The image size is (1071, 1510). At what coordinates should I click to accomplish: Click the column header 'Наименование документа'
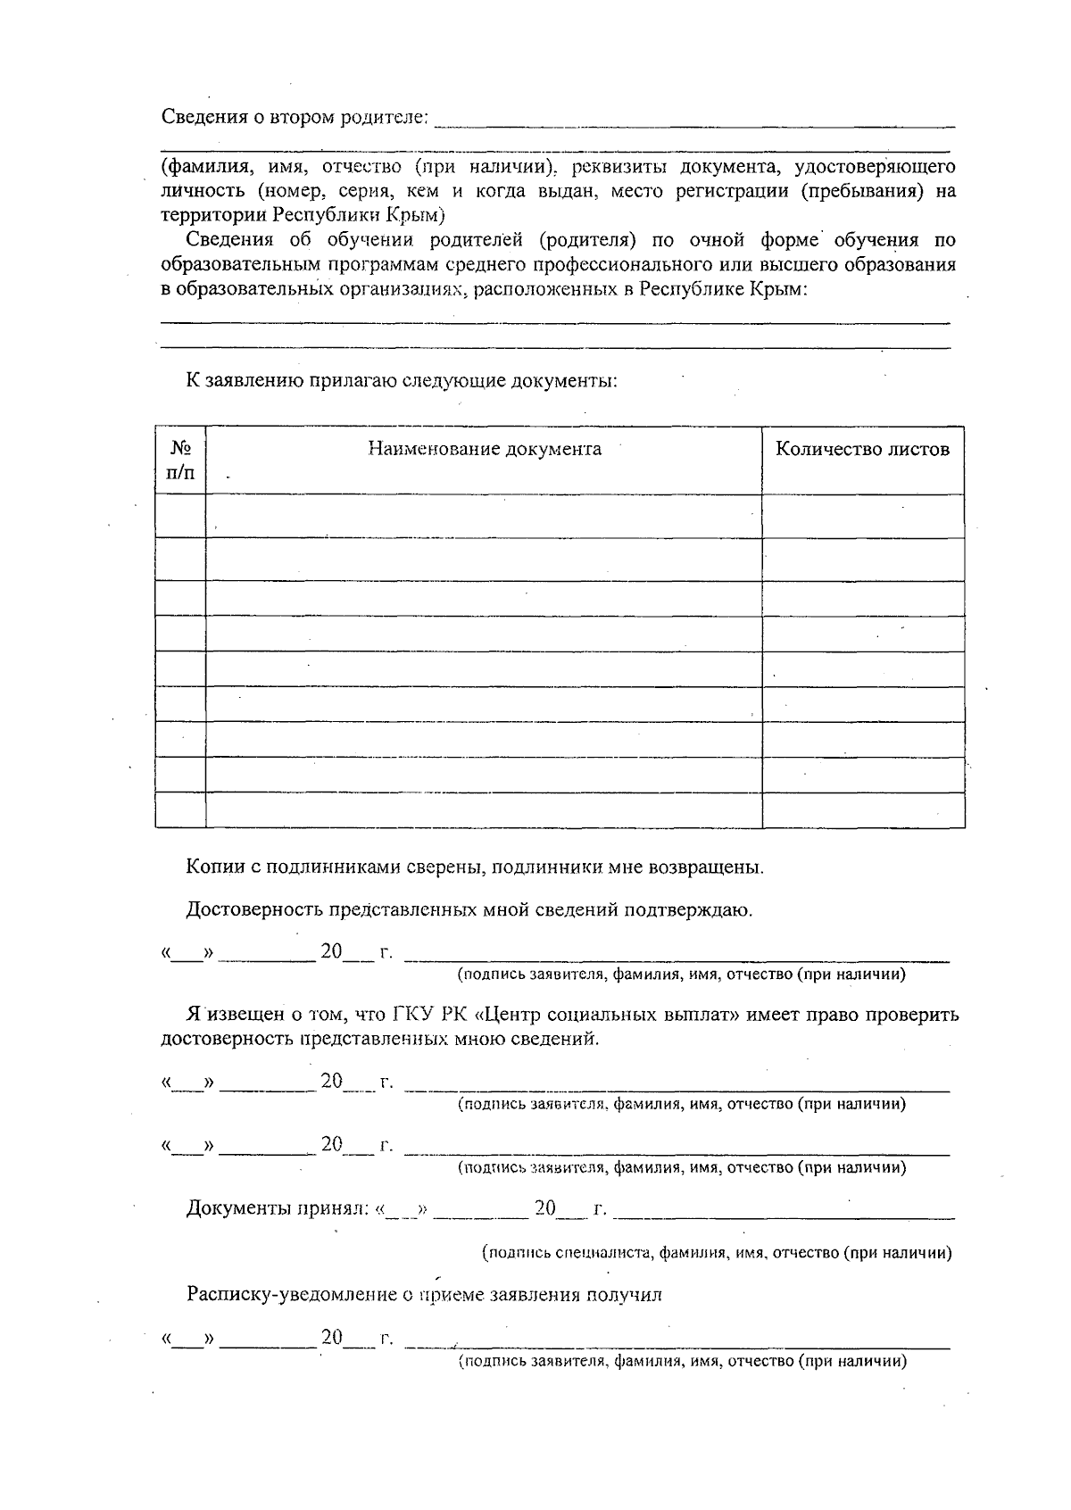pyautogui.click(x=484, y=449)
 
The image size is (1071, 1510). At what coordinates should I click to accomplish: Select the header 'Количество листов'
pyautogui.click(x=861, y=449)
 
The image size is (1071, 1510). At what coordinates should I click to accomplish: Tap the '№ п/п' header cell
pyautogui.click(x=180, y=460)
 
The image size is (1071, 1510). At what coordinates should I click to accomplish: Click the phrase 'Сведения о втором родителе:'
pyautogui.click(x=295, y=118)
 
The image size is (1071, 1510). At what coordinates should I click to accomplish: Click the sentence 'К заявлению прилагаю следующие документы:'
pyautogui.click(x=401, y=381)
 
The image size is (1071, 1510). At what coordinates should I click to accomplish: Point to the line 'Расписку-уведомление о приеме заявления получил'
pyautogui.click(x=424, y=1295)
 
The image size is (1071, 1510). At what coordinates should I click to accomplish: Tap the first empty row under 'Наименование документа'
pyautogui.click(x=484, y=516)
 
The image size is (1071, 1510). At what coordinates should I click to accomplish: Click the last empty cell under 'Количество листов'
pyautogui.click(x=862, y=810)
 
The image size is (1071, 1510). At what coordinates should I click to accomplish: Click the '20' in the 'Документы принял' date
pyautogui.click(x=544, y=1209)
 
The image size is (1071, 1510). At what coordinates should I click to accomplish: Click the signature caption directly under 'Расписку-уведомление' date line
pyautogui.click(x=682, y=1362)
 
